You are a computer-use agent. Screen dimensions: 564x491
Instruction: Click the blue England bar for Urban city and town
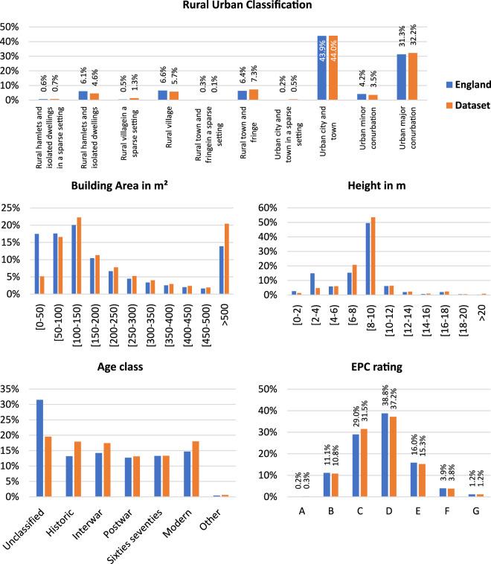321,68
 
